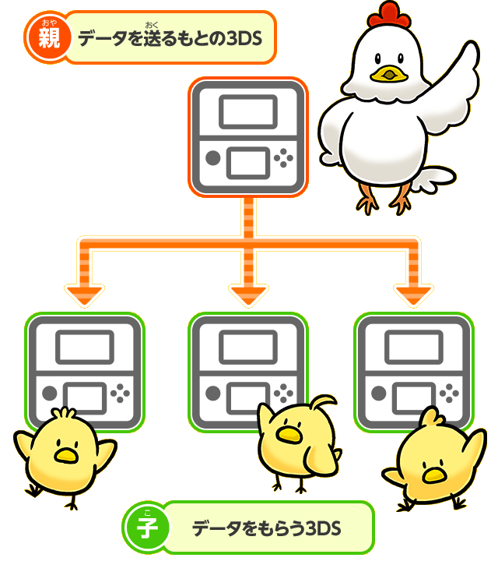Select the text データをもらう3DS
click(x=267, y=528)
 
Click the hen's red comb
click(x=390, y=13)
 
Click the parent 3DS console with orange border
click(x=248, y=138)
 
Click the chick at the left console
click(x=62, y=456)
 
